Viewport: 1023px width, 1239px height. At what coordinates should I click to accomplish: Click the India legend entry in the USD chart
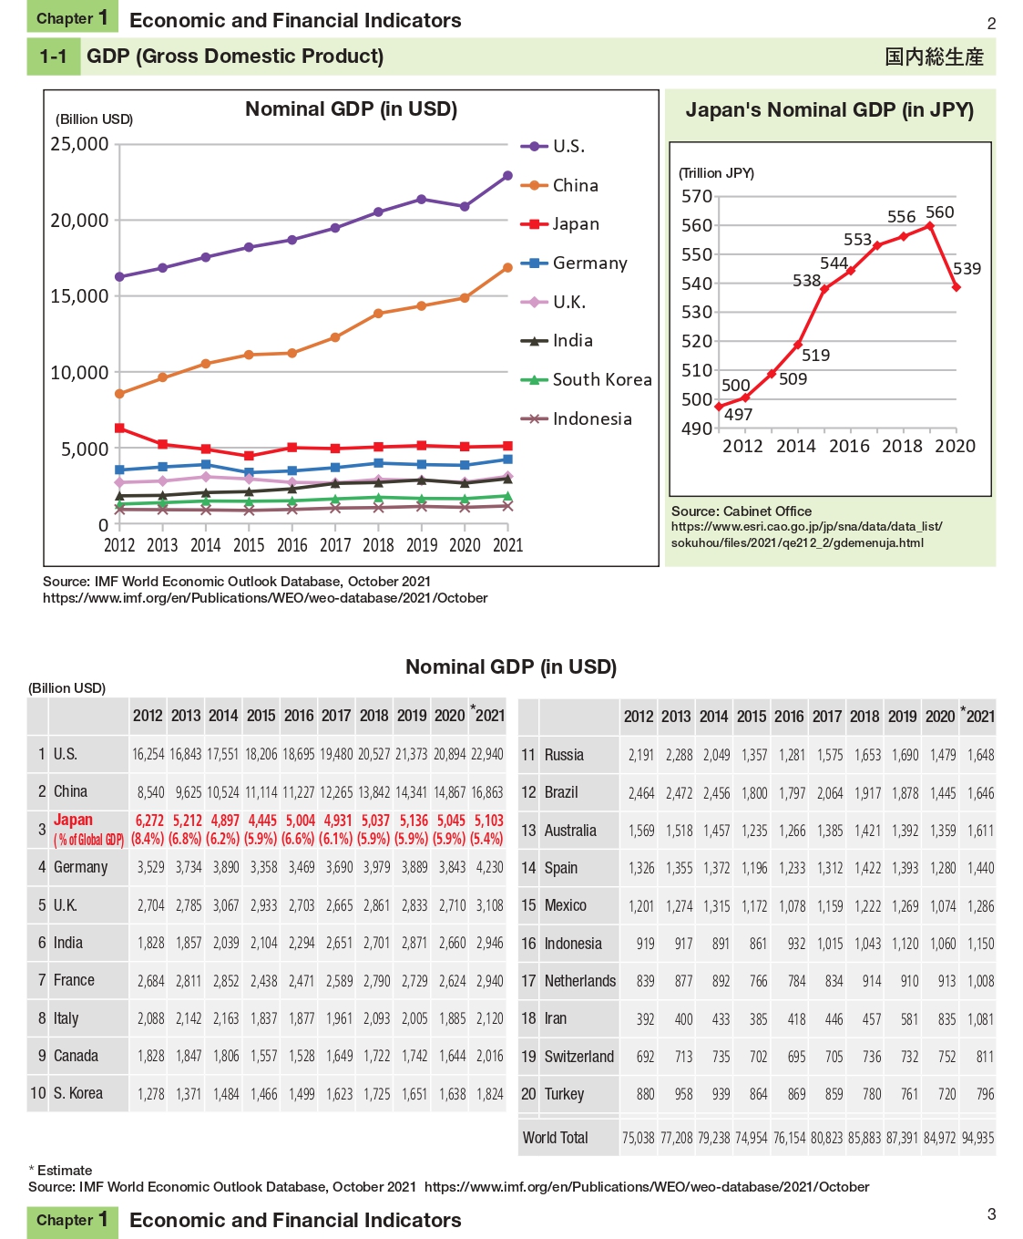(x=572, y=341)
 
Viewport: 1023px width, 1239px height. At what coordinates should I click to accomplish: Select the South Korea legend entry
(x=601, y=380)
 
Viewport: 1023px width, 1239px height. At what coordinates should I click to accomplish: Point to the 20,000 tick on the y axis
(x=79, y=221)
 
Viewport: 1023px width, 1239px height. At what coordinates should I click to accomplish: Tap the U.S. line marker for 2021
(x=507, y=176)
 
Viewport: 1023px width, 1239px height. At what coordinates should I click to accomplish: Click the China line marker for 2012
(x=119, y=394)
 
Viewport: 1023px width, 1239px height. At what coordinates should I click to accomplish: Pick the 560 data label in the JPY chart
(x=939, y=212)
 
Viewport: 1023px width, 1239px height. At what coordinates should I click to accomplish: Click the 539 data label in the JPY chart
(x=967, y=269)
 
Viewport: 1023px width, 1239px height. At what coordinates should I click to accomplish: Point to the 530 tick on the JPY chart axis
(x=697, y=313)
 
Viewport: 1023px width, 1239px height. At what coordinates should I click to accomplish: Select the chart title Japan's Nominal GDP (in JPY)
(x=829, y=110)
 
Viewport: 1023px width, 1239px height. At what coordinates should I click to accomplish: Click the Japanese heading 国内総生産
(x=934, y=57)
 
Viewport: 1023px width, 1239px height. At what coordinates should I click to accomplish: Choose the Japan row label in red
(x=73, y=821)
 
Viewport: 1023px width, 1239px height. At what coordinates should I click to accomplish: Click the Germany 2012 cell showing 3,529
(x=150, y=867)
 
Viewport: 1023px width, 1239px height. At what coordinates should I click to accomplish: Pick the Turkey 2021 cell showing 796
(x=985, y=1094)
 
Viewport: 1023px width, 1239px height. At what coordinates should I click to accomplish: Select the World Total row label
(x=555, y=1138)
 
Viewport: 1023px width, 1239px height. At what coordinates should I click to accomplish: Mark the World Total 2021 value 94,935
(x=977, y=1138)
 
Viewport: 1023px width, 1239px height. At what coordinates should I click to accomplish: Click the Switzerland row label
(x=578, y=1057)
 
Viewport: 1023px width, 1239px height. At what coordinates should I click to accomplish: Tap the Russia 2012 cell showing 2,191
(x=641, y=755)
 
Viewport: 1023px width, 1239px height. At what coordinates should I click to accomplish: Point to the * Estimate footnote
(x=60, y=1171)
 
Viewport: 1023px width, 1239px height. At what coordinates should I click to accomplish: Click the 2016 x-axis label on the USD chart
(x=292, y=545)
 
